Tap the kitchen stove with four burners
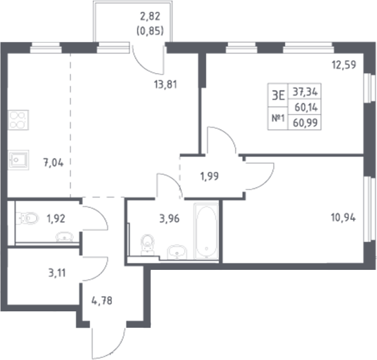tap(18, 120)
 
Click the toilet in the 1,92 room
tap(26, 218)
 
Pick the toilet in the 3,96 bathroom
tap(147, 244)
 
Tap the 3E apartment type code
tap(278, 95)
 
